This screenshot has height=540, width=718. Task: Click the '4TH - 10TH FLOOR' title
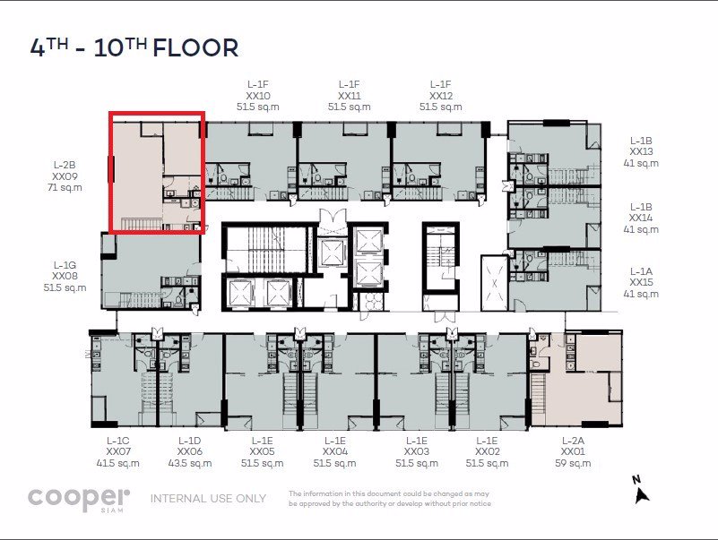(x=134, y=47)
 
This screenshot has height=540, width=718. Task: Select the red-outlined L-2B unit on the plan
(x=157, y=171)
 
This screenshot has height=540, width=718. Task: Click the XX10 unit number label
(x=258, y=95)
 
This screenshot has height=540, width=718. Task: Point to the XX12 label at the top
(x=441, y=95)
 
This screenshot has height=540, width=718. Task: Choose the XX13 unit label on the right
(x=641, y=151)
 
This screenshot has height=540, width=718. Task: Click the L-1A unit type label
(x=641, y=270)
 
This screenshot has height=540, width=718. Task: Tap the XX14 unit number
(x=641, y=218)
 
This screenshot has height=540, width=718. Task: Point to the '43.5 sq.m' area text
(x=189, y=464)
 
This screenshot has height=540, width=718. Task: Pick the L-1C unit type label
(x=118, y=441)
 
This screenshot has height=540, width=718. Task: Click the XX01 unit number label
(x=573, y=452)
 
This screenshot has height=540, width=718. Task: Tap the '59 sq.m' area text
(x=573, y=464)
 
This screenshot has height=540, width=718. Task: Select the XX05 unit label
(x=263, y=452)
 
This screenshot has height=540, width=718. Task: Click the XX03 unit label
(x=417, y=452)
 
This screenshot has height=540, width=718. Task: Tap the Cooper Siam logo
(x=79, y=499)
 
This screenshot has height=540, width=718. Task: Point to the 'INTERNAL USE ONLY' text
(x=208, y=498)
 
